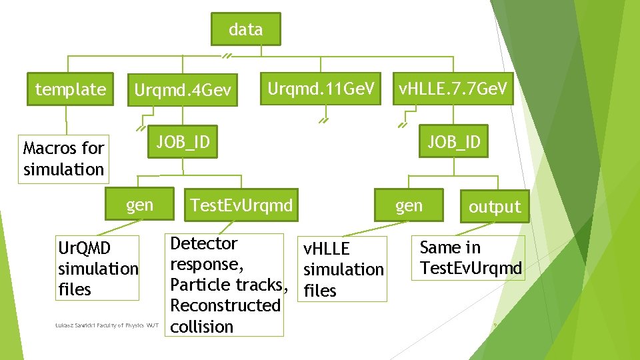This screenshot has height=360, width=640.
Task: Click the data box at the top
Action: point(245,30)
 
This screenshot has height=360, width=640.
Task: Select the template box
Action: point(70,89)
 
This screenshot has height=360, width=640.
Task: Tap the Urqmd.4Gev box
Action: point(183,89)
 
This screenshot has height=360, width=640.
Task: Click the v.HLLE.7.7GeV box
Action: point(453,88)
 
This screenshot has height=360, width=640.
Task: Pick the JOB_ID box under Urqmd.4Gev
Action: point(183,141)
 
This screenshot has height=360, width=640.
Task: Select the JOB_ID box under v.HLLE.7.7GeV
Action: point(453,142)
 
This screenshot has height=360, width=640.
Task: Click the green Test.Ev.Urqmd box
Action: point(241,205)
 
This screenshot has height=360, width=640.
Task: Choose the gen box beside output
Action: point(409,205)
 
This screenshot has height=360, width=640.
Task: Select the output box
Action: point(494,207)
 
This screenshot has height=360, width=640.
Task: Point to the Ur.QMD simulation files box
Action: point(98,268)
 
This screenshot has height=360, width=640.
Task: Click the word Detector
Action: point(204,243)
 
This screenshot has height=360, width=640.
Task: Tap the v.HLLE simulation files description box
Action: point(343,269)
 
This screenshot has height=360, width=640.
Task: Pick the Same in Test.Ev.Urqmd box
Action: point(470,258)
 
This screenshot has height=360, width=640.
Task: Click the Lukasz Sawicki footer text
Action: point(107,325)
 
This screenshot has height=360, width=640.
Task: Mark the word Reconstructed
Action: point(225,306)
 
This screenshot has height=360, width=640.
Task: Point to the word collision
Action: point(202,327)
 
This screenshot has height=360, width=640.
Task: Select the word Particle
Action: point(197,285)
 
